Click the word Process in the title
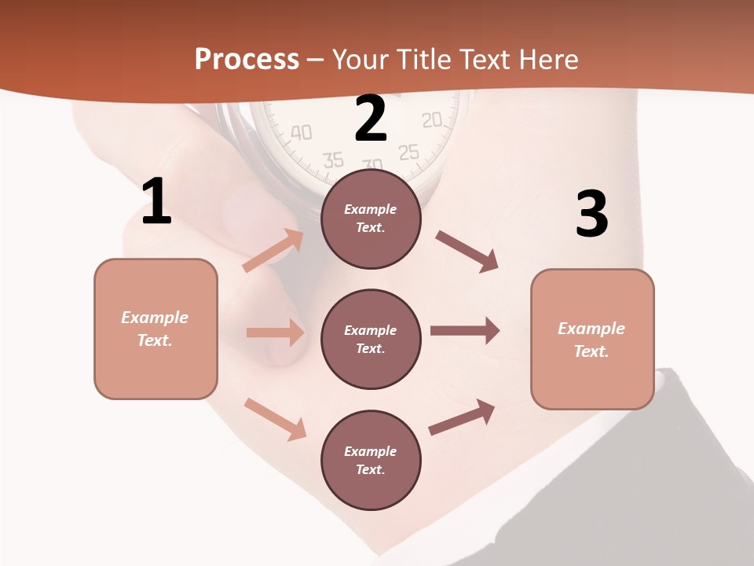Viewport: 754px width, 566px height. point(247,60)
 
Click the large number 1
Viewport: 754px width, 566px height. point(156,202)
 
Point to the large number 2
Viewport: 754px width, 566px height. point(371,119)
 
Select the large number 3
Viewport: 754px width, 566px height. point(591,215)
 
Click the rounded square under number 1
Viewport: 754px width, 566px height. point(156,329)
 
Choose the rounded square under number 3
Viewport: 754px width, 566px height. point(592,339)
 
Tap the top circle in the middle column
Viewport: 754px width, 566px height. point(371,219)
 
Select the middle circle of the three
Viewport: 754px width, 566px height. point(371,339)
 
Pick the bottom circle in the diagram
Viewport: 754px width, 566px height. point(371,460)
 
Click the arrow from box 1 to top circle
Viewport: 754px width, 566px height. point(273,250)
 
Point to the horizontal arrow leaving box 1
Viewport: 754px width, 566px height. point(275,333)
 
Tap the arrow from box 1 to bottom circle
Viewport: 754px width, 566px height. point(275,418)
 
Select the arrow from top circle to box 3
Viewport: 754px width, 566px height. point(467,251)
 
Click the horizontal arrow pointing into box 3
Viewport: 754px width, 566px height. point(465,331)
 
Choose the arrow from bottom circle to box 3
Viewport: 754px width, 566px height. point(463,417)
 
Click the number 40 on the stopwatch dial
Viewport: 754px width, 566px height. point(301,132)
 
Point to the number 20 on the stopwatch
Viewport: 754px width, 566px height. point(432,120)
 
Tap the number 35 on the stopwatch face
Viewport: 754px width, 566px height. point(333,160)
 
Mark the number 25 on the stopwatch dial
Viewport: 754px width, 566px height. point(408,153)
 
